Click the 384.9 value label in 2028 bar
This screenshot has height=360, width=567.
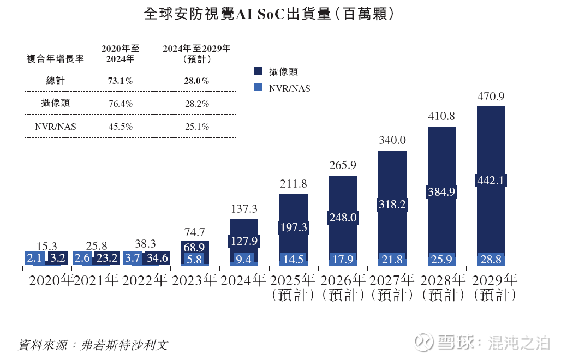pos(441,191)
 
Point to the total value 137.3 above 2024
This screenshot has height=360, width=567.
pos(244,209)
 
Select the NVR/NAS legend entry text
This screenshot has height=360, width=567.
pos(289,88)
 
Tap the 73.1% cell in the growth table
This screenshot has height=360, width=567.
pos(120,81)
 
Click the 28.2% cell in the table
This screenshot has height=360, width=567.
pos(196,103)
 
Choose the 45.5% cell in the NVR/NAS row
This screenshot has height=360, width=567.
pos(120,127)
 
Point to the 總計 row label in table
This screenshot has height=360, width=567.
pos(55,81)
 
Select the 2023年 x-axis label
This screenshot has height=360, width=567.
pos(194,281)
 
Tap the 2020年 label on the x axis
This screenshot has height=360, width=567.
pos(50,281)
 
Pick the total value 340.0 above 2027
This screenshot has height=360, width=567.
pos(392,140)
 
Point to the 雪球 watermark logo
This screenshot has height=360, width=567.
pos(424,342)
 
